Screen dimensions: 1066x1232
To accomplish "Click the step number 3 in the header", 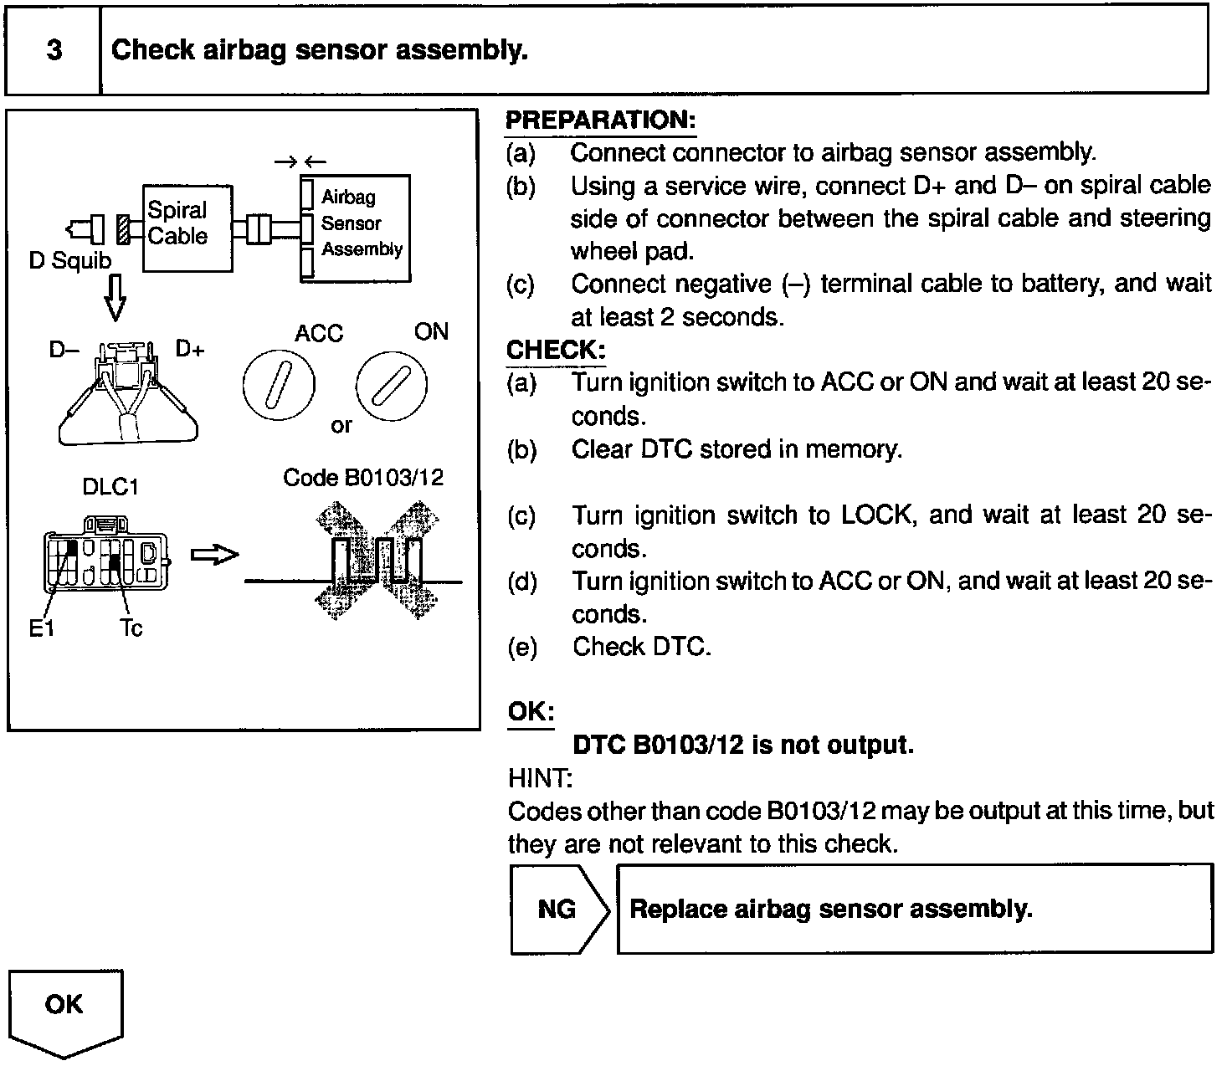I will pos(54,50).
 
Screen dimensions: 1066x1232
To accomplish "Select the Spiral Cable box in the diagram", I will pos(187,228).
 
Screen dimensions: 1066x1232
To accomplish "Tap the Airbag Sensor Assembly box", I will pos(356,228).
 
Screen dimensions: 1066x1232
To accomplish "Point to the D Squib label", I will pos(69,260).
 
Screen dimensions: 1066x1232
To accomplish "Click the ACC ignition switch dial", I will pos(279,386).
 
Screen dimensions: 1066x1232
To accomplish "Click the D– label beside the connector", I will pos(64,348).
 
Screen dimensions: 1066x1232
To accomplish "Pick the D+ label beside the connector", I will pos(190,348).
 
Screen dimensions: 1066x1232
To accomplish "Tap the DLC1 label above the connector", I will pos(110,487).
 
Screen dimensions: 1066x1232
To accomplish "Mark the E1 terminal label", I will pos(41,628).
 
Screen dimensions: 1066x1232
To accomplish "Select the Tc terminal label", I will pos(131,628).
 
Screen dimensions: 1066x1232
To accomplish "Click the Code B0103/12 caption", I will pos(363,478).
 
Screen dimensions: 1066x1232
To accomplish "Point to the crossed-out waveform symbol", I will pos(377,560).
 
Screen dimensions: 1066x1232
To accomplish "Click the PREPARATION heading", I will pos(600,120).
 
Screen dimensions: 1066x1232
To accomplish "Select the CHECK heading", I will pos(556,350).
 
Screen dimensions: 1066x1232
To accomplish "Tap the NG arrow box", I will pos(559,909).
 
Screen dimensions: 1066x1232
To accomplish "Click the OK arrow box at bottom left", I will pos(65,1009).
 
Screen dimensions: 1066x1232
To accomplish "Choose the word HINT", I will pos(540,779).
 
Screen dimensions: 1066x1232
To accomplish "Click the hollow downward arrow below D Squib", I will pos(116,298).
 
